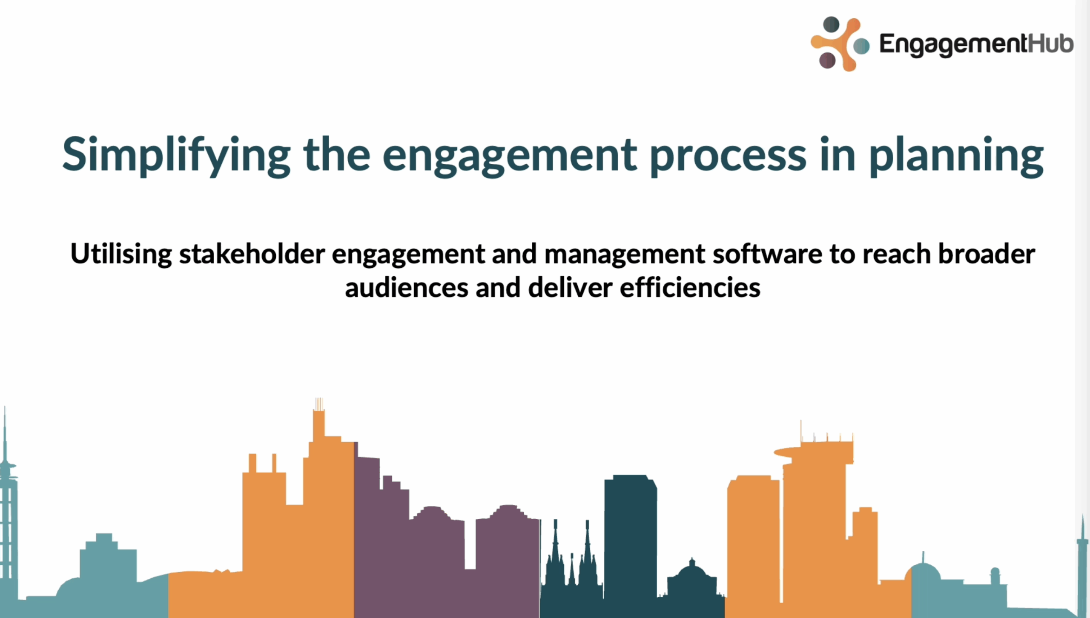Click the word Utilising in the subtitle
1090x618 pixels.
pyautogui.click(x=121, y=254)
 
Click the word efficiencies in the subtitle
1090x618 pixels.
pyautogui.click(x=690, y=288)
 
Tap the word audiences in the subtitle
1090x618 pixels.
pyautogui.click(x=407, y=288)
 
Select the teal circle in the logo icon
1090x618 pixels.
pyautogui.click(x=861, y=46)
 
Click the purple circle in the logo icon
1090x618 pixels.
pyautogui.click(x=827, y=60)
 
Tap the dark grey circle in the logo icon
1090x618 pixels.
pyautogui.click(x=831, y=24)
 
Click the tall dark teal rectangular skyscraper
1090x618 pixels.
pyautogui.click(x=630, y=536)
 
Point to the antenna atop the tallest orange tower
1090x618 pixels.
pyautogui.click(x=319, y=404)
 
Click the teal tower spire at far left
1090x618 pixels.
pyautogui.click(x=5, y=438)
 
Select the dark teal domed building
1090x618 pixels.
pyautogui.click(x=692, y=575)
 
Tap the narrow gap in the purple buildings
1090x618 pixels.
pyautogui.click(x=470, y=545)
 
